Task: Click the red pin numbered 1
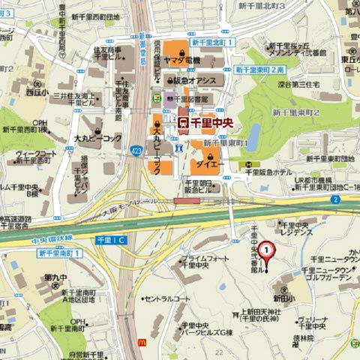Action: (265, 250)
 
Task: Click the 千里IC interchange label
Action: (111, 238)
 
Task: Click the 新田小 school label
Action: (283, 298)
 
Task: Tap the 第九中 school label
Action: (53, 277)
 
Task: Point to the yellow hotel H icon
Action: (244, 164)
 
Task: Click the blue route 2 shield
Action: (334, 199)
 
